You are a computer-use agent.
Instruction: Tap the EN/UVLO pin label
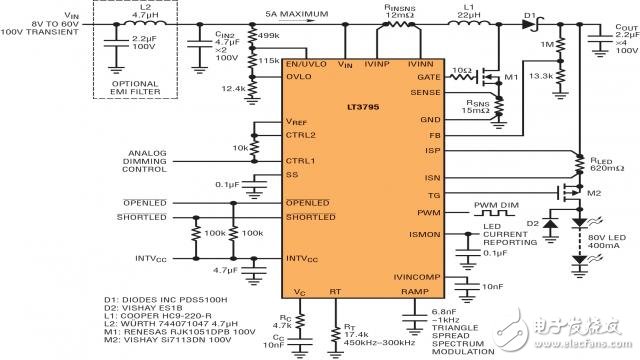pyautogui.click(x=305, y=64)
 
